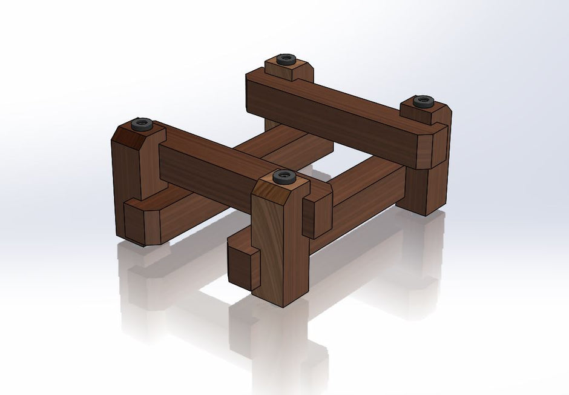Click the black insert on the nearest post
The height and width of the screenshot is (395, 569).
[283, 177]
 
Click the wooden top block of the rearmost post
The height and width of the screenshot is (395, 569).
[289, 71]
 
